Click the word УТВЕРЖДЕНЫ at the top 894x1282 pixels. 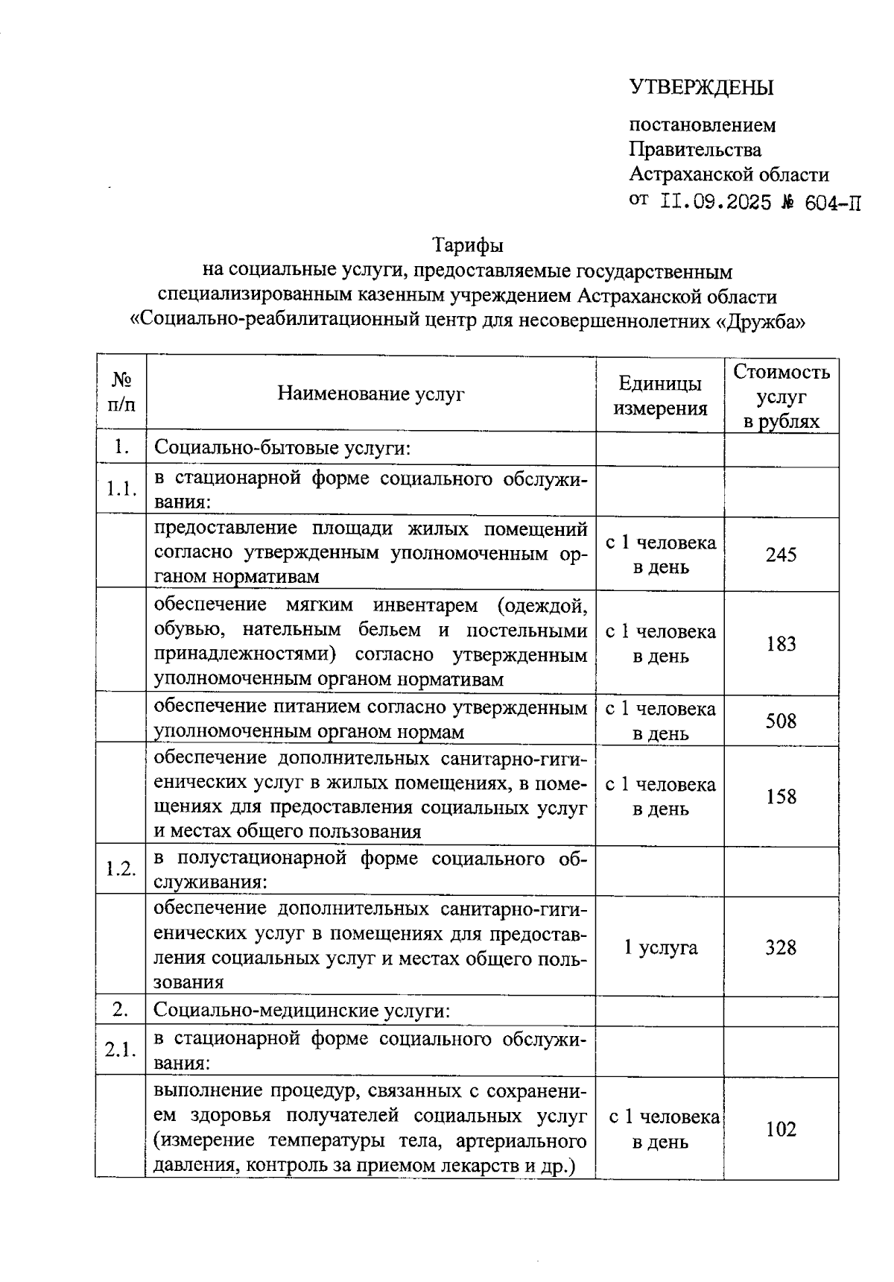pos(702,88)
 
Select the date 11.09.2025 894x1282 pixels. pos(716,202)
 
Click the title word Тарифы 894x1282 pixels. pos(468,244)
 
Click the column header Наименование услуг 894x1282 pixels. pos(370,394)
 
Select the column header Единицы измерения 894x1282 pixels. pos(659,396)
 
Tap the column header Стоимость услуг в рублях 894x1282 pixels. pos(781,396)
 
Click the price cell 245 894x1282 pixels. pos(781,555)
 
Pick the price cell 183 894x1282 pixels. pos(781,644)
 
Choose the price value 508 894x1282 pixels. pos(781,721)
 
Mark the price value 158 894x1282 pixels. pos(781,797)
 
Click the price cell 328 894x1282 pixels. pos(781,947)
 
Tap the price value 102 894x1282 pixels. pos(781,1129)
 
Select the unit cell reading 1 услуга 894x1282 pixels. pos(660,947)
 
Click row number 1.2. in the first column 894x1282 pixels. pos(121,870)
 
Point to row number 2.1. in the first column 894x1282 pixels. pos(121,1050)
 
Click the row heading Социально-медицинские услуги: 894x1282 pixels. pos(302,1011)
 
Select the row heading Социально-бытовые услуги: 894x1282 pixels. pos(283,449)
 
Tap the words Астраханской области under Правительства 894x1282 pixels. pos(729,174)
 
